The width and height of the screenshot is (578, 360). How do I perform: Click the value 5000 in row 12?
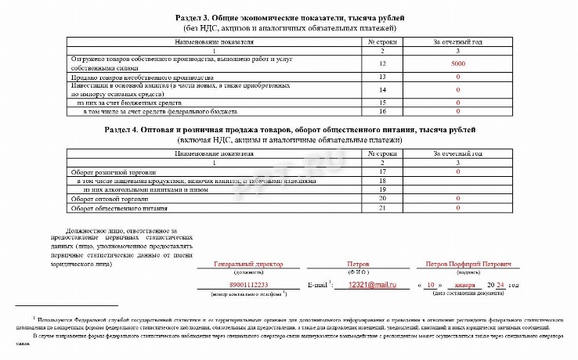pos(458,63)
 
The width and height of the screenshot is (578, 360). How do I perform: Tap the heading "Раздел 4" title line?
pos(290,129)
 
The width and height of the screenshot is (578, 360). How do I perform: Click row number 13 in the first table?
pos(382,77)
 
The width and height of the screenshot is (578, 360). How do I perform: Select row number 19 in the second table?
pos(382,189)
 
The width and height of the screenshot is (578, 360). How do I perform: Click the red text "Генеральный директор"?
pos(249,265)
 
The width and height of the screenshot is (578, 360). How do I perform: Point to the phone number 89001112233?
pos(249,285)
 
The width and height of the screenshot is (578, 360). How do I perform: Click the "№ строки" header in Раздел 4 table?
pos(382,153)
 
